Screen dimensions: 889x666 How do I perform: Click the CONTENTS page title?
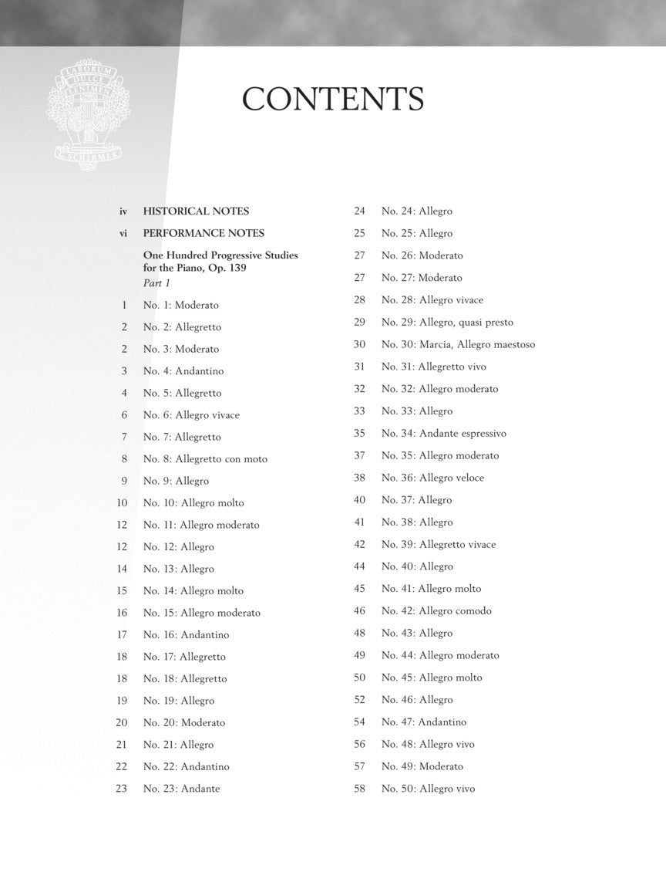click(x=333, y=100)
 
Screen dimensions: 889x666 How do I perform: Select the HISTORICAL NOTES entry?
click(x=196, y=211)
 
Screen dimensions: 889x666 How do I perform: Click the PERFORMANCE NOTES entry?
click(x=203, y=233)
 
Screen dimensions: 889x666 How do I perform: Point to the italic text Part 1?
click(x=156, y=284)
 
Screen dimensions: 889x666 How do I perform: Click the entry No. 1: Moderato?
click(x=180, y=305)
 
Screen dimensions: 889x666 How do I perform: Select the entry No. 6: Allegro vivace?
click(x=191, y=415)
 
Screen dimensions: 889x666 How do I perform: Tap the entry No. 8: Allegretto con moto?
click(x=205, y=459)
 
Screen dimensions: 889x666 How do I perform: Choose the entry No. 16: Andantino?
click(x=186, y=635)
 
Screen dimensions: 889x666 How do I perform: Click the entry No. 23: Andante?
click(x=181, y=789)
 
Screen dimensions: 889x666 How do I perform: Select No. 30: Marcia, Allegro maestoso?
click(x=458, y=345)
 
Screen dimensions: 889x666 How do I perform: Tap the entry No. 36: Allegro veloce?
click(x=432, y=478)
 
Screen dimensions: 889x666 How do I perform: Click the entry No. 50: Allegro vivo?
click(x=428, y=789)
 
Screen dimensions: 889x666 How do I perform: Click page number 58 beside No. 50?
click(x=359, y=789)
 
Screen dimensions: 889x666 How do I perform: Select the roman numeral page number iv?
click(x=123, y=211)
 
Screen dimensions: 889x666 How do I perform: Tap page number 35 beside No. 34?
click(x=359, y=434)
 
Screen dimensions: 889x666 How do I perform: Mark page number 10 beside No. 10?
click(x=122, y=503)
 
